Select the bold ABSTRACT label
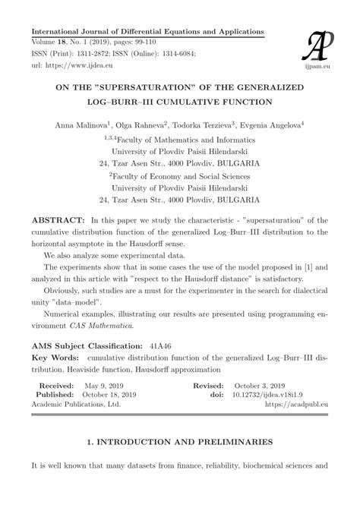pyautogui.click(x=57, y=221)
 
